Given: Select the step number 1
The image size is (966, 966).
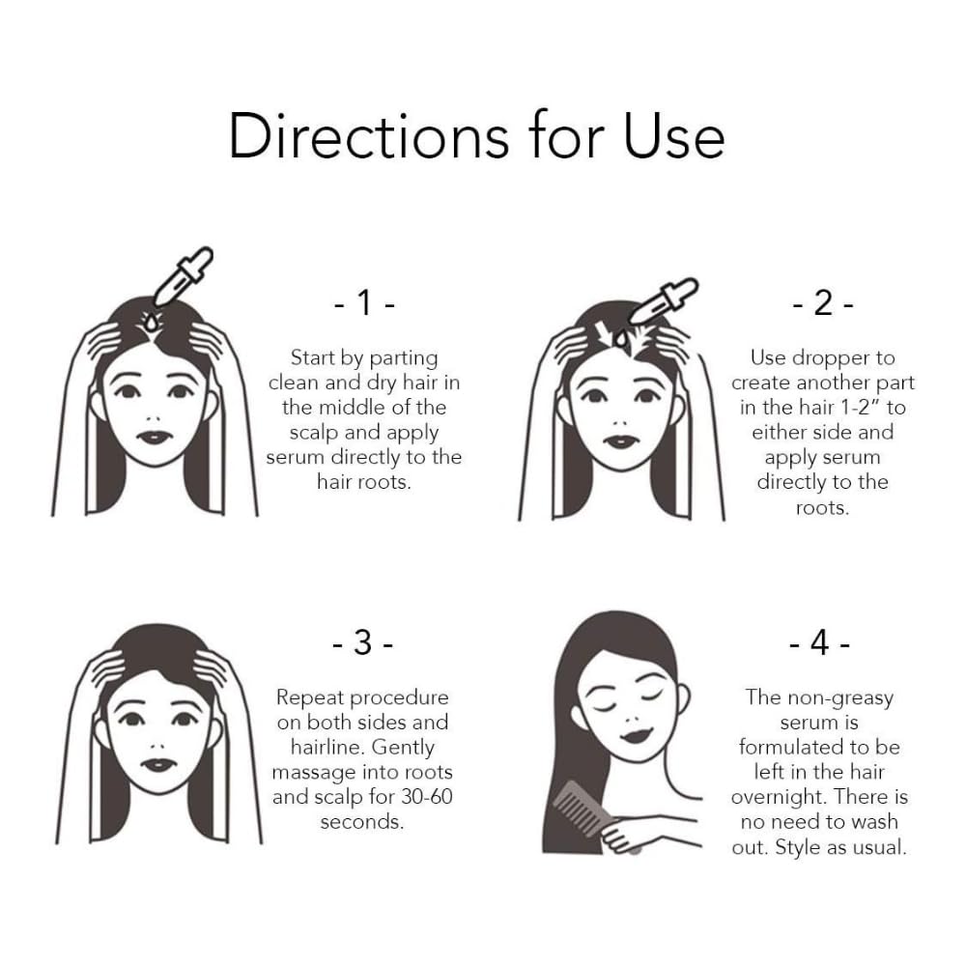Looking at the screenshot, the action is [x=365, y=303].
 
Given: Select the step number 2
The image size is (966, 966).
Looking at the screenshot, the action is [x=823, y=303].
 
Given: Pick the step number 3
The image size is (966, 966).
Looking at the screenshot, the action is [x=363, y=642].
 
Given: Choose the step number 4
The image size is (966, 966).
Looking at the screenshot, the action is [x=820, y=642].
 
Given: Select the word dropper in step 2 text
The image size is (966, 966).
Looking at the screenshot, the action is [x=831, y=358].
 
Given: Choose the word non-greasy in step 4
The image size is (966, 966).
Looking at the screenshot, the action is [x=840, y=698].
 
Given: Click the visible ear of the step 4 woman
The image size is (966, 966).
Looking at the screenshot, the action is [x=683, y=699].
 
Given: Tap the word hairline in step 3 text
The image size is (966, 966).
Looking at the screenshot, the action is [x=328, y=747].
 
